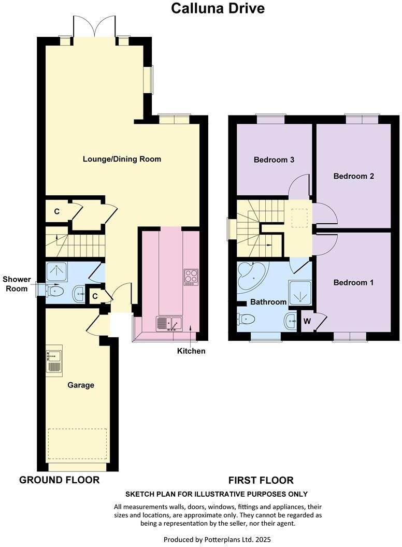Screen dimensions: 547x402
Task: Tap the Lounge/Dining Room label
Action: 122,159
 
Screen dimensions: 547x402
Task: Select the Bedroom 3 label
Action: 274,160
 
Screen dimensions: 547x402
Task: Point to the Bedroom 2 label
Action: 353,176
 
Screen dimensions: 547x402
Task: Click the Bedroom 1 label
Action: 353,283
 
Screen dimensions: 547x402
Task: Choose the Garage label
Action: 81,385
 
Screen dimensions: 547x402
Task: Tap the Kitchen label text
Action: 191,351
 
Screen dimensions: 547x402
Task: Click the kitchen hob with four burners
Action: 190,277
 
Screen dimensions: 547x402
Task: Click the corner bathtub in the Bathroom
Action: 250,277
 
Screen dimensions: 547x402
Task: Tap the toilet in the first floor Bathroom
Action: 245,319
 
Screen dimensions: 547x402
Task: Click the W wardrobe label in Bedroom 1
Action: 307,321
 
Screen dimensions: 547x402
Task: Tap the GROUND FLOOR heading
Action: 59,480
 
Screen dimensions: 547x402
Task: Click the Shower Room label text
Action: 17,284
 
